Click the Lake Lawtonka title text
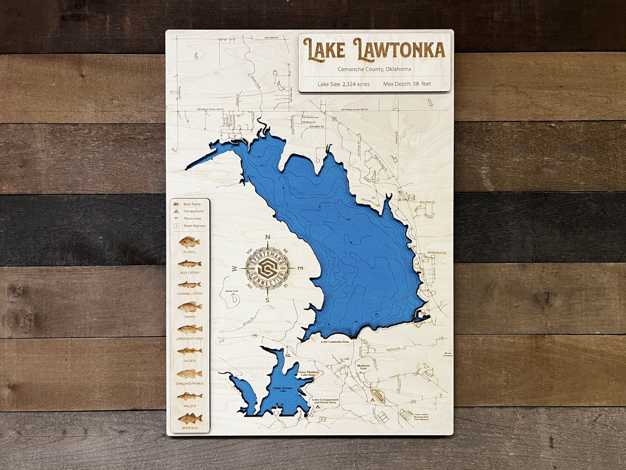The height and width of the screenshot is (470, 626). tap(374, 50)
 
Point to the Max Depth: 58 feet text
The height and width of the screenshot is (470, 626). tap(407, 84)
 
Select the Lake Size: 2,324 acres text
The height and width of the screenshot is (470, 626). tap(344, 84)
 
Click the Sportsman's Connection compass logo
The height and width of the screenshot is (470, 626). tap(267, 268)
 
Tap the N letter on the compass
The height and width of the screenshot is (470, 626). tap(267, 237)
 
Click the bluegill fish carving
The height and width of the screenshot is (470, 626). tap(189, 242)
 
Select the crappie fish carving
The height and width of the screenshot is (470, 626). tap(189, 308)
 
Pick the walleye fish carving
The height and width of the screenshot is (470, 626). tap(189, 396)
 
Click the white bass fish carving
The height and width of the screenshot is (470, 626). tap(189, 418)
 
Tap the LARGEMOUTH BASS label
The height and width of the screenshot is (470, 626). tap(189, 339)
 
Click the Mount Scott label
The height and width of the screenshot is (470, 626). tap(231, 291)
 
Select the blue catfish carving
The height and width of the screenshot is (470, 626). tap(189, 264)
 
